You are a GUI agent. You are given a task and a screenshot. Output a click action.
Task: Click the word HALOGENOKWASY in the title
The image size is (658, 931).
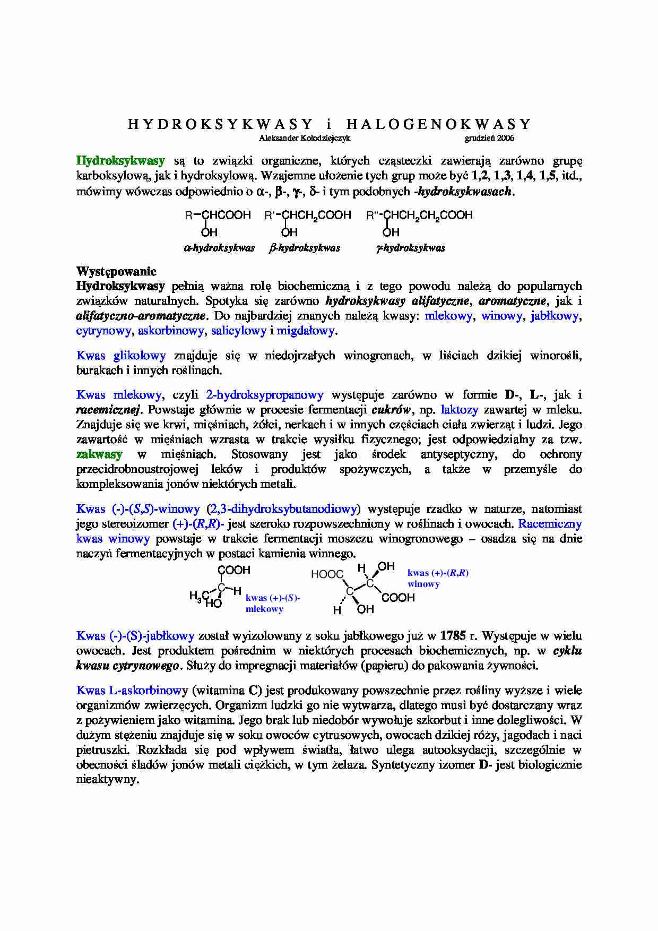coord(438,125)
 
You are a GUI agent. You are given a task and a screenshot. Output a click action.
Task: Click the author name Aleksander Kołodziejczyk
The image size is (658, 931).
coord(305,139)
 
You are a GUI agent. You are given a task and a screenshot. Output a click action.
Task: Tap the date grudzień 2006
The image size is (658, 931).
coord(489,139)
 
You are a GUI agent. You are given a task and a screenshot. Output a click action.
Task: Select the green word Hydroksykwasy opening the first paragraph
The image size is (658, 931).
coord(120,161)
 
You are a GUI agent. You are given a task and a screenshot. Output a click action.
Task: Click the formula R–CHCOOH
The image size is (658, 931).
coord(218,215)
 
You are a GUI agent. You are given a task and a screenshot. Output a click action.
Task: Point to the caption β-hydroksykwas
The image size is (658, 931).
coord(305,248)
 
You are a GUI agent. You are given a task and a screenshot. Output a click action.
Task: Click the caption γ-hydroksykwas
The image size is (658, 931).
coord(411,248)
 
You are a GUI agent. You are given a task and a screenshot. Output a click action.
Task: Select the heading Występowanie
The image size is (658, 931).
coord(116,272)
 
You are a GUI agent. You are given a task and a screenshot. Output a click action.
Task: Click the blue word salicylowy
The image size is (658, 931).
coord(238,331)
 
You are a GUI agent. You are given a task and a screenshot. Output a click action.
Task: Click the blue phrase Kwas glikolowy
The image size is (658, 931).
coord(121,356)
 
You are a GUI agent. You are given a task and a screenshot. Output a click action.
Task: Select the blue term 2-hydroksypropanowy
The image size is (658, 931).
coord(264,395)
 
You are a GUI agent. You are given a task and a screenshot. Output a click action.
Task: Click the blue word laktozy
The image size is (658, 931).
coord(460,410)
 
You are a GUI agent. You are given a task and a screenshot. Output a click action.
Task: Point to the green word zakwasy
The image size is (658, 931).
coord(99,454)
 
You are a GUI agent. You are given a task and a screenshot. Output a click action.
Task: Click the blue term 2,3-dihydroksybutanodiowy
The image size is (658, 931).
coord(283,509)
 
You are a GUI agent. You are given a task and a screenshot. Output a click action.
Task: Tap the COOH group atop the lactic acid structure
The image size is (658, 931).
coord(234,571)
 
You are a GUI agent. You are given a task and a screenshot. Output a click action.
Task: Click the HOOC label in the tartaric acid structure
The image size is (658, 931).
coord(327,575)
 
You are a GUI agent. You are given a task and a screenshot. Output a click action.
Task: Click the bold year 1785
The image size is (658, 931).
coord(453,636)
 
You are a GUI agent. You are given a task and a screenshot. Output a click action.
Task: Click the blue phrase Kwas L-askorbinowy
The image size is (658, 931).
coord(132,691)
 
